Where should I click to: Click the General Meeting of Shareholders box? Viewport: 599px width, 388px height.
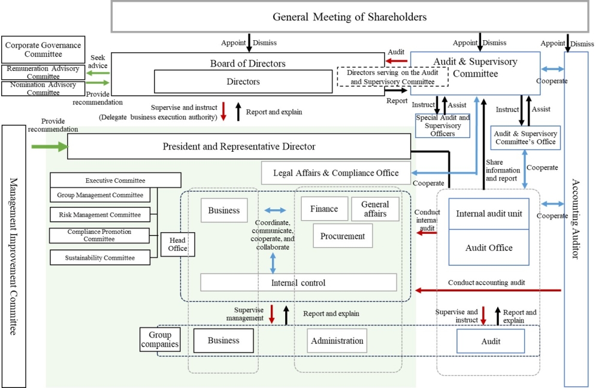[x=349, y=17]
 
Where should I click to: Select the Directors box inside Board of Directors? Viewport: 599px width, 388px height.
[x=243, y=82]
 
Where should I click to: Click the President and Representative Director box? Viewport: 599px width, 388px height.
[x=238, y=147]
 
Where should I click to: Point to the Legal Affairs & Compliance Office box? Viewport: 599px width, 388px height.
[x=336, y=173]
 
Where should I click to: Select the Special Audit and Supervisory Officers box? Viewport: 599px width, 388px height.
[x=443, y=125]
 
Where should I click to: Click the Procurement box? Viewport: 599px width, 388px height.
[x=343, y=236]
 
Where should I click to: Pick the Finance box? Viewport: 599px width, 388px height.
[x=324, y=209]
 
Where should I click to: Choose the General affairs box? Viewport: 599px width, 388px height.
[x=375, y=209]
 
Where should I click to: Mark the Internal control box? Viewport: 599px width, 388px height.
[x=298, y=282]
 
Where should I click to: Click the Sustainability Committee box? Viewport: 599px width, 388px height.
[x=100, y=258]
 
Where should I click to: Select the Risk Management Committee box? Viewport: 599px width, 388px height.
[x=100, y=215]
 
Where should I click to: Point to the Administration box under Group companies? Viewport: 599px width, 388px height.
[x=337, y=341]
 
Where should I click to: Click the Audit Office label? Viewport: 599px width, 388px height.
[x=489, y=248]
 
